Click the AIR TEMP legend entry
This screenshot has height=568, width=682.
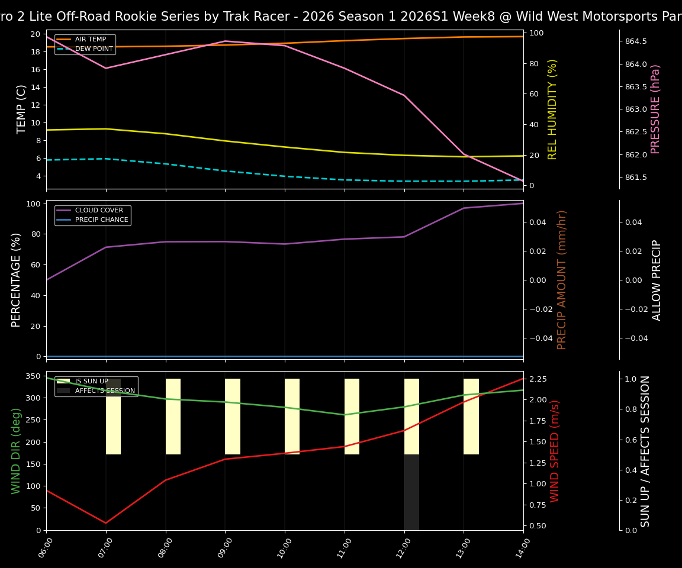click(90, 40)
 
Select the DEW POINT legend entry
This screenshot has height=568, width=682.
click(94, 49)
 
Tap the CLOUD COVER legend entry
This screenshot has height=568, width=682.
click(99, 211)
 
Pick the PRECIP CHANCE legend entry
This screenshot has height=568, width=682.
click(101, 220)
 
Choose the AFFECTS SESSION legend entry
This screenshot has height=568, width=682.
click(105, 391)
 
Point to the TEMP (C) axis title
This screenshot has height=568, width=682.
click(21, 109)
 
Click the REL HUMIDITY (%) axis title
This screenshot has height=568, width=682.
click(552, 109)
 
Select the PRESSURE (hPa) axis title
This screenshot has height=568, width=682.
click(655, 109)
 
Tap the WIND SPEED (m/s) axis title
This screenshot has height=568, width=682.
click(555, 451)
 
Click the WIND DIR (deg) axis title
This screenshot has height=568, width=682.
click(16, 451)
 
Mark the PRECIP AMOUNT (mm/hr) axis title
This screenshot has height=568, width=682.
click(562, 280)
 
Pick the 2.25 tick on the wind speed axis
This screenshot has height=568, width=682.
click(540, 379)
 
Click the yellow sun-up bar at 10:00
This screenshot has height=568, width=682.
click(292, 417)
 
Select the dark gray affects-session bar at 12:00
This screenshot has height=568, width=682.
click(411, 492)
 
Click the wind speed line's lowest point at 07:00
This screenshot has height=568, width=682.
click(106, 523)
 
